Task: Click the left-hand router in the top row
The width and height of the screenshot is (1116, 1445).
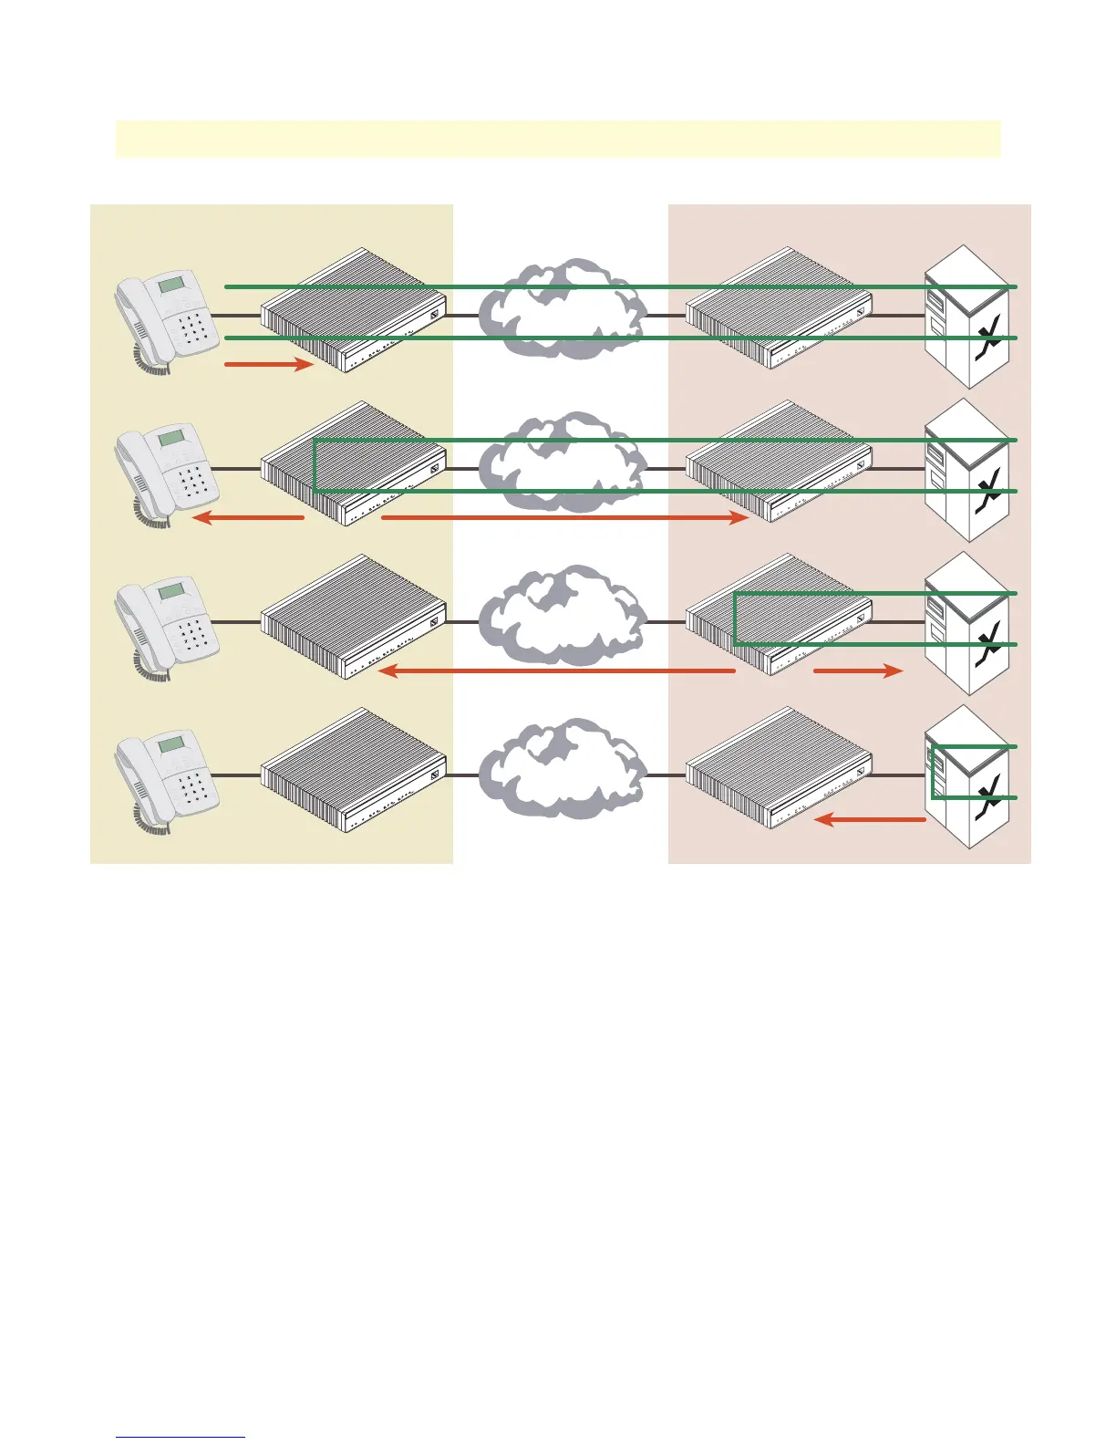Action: pyautogui.click(x=354, y=310)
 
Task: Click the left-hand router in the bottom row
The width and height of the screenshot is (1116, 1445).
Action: pyautogui.click(x=354, y=770)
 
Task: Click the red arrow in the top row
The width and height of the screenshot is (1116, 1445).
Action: pyautogui.click(x=269, y=365)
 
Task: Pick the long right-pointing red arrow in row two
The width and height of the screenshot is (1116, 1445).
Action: pyautogui.click(x=564, y=518)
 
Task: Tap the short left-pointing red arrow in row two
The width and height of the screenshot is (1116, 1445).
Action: pyautogui.click(x=249, y=518)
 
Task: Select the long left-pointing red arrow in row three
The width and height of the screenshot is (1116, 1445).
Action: pyautogui.click(x=556, y=671)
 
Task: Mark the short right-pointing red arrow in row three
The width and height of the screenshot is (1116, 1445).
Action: pyautogui.click(x=857, y=671)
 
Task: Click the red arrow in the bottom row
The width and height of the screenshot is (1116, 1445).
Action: pyautogui.click(x=870, y=820)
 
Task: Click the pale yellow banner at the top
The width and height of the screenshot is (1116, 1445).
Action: pyautogui.click(x=558, y=139)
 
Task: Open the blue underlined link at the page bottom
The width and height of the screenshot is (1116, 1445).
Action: pyautogui.click(x=181, y=1437)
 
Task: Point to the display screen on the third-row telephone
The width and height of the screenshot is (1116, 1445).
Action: pyautogui.click(x=171, y=592)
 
